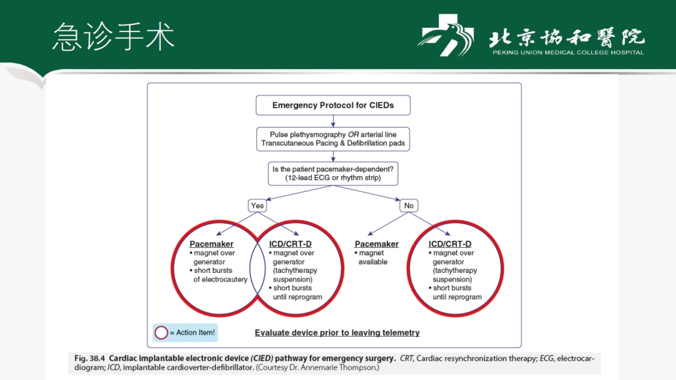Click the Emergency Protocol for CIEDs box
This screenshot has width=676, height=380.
[333, 105]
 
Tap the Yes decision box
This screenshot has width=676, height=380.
[257, 205]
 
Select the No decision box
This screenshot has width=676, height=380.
[409, 205]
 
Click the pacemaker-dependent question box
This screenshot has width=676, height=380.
[333, 173]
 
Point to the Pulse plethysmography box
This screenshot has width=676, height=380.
[333, 139]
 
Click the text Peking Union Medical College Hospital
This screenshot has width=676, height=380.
[568, 53]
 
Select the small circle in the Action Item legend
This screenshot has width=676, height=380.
[161, 332]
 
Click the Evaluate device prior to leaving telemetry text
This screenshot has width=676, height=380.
[337, 333]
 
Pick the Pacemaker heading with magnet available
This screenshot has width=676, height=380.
[377, 244]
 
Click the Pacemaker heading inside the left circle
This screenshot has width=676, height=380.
[212, 244]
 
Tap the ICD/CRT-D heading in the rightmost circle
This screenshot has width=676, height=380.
[450, 244]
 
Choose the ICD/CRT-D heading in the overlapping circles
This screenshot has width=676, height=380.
[290, 244]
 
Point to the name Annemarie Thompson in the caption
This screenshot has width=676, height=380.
[341, 367]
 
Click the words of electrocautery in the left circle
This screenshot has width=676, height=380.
[220, 279]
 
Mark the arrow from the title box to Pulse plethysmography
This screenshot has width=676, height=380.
[333, 121]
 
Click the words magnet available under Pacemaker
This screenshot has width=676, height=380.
[373, 257]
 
